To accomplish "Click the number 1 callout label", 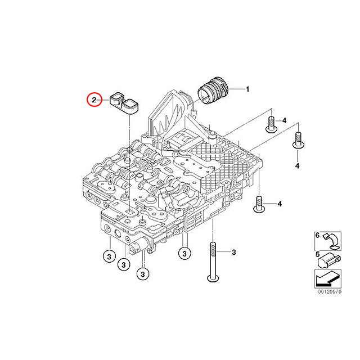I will (247, 89).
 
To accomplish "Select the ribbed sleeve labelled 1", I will (213, 91).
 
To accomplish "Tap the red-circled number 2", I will (94, 100).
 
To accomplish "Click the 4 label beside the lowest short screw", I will (279, 202).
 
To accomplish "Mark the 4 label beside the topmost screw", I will (285, 121).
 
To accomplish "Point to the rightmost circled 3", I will (183, 254).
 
